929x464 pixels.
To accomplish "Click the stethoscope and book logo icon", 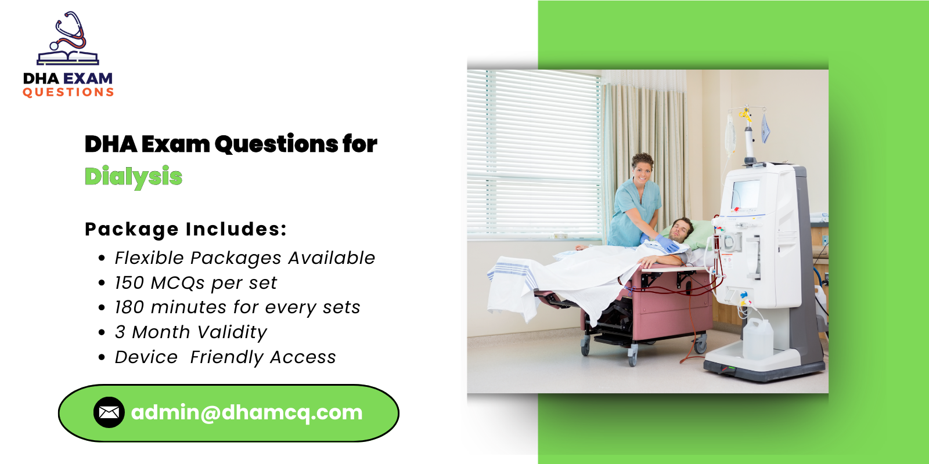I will [69, 39].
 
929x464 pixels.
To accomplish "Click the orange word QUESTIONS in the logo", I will [69, 92].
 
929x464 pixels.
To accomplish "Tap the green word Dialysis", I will [134, 177].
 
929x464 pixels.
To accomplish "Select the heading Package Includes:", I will [186, 229].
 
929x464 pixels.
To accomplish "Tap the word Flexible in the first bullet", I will [149, 258].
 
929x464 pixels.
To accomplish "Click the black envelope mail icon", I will [109, 412].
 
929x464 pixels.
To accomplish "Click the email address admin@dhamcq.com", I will [247, 412].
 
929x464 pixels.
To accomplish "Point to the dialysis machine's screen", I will [746, 194].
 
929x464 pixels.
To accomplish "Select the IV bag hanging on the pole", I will [730, 133].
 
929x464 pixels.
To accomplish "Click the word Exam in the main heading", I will [175, 144].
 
